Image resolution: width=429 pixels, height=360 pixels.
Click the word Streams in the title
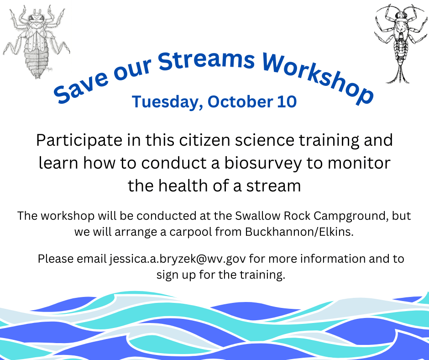click(x=206, y=61)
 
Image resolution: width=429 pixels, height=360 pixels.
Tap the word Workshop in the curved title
click(x=317, y=77)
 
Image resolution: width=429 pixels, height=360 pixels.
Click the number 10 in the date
click(x=287, y=101)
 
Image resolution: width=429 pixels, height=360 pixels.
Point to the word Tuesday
click(x=167, y=102)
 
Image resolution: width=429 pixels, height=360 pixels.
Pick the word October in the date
click(x=240, y=101)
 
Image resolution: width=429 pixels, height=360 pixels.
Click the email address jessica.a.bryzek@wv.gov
click(x=178, y=259)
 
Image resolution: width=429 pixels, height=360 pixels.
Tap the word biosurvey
click(x=263, y=163)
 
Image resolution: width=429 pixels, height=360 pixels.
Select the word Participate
click(x=79, y=141)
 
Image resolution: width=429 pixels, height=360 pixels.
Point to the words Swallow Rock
click(x=272, y=216)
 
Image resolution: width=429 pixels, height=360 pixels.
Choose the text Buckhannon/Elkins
click(x=299, y=232)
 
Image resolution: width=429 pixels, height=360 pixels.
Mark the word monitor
click(x=359, y=163)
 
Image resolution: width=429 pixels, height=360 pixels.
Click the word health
click(x=183, y=185)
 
